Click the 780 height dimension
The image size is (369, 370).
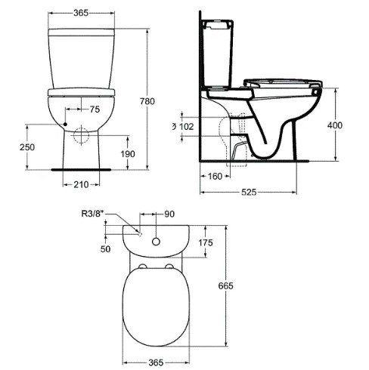coord(147,101)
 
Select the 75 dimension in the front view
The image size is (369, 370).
coord(95,109)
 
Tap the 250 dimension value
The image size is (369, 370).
coord(27,147)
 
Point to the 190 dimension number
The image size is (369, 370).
coord(128,154)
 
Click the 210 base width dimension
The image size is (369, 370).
coord(81,185)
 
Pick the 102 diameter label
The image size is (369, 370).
coord(186,127)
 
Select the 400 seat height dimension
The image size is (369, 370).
coord(335,125)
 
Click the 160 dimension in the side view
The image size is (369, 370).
coord(215,177)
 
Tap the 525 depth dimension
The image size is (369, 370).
coord(249,193)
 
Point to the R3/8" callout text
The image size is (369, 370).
coord(93,214)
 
